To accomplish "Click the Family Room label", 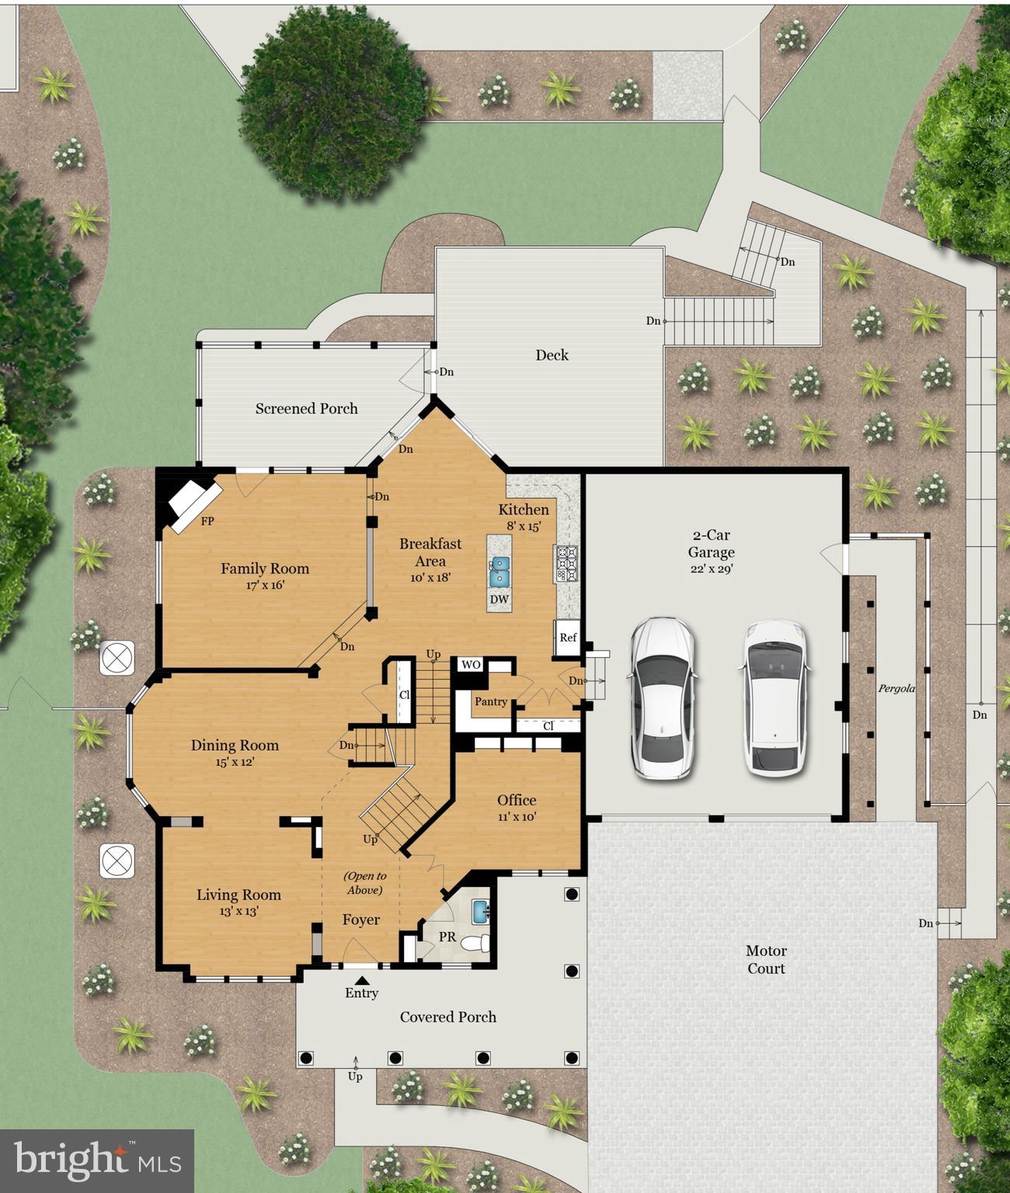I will click(265, 569).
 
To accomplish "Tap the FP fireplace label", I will click(207, 522).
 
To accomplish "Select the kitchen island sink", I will click(499, 572).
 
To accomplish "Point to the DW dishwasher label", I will click(500, 599).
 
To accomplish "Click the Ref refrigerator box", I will click(568, 638).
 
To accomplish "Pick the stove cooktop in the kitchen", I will click(566, 564).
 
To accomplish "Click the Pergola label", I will click(897, 688).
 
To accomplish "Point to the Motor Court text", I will click(766, 959).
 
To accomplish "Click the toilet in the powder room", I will click(475, 943).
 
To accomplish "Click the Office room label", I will click(517, 800).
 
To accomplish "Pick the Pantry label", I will click(491, 701).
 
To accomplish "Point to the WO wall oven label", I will click(471, 665).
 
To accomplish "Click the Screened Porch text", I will click(307, 409).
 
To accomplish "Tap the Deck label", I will click(552, 355).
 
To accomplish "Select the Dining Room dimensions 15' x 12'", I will click(235, 762).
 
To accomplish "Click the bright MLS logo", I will click(97, 1160).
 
